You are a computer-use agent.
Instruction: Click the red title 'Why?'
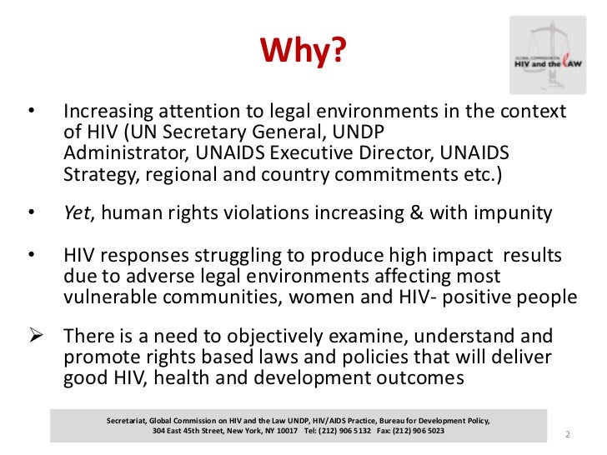(302, 52)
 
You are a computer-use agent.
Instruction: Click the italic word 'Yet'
(77, 213)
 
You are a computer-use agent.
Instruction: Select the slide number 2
(566, 435)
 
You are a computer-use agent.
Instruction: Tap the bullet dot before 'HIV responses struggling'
(31, 254)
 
